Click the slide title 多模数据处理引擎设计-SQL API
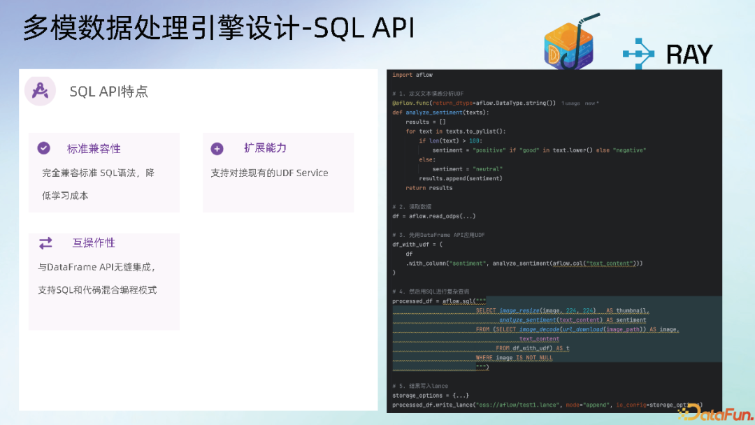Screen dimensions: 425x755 [x=218, y=28]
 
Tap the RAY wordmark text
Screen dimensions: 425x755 [x=689, y=54]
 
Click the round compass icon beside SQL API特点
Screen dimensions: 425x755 [x=40, y=91]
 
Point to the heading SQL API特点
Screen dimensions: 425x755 [x=108, y=92]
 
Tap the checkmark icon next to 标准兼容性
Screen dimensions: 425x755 [x=44, y=148]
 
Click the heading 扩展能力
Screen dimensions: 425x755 [x=265, y=148]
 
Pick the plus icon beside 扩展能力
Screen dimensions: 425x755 [x=217, y=148]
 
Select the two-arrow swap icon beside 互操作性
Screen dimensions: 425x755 [x=45, y=243]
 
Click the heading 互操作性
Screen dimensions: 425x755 [x=94, y=243]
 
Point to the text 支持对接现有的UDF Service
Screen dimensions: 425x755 [x=269, y=173]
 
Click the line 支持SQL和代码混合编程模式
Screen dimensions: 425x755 [x=97, y=289]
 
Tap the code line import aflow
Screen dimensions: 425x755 [x=412, y=75]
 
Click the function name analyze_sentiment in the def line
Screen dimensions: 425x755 [x=433, y=113]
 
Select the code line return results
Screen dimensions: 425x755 [x=429, y=188]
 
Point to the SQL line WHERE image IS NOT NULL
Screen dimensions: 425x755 [x=514, y=358]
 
